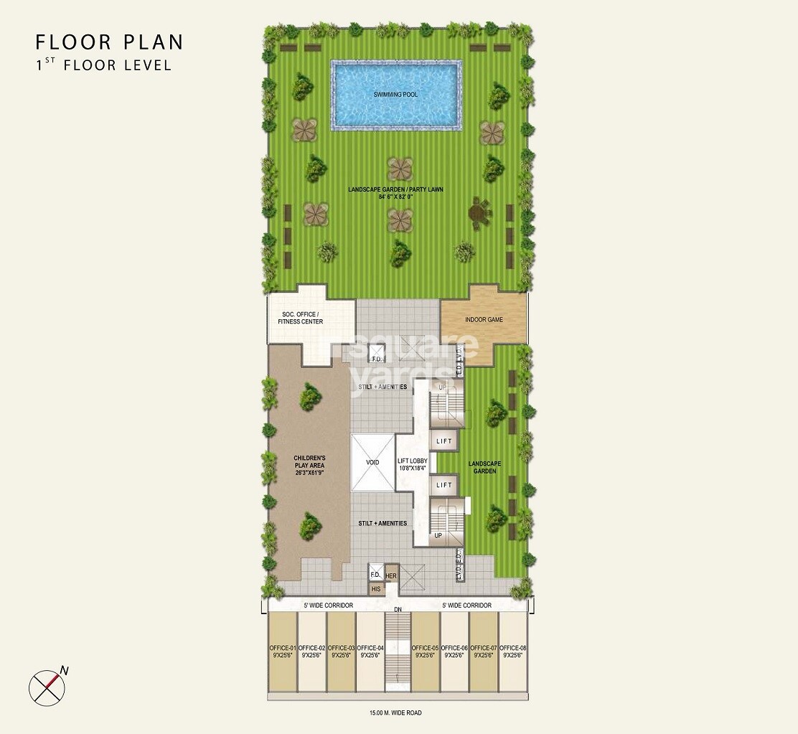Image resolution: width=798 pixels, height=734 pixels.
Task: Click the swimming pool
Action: coord(395,95)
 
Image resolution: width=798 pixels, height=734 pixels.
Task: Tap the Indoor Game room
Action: coord(484,319)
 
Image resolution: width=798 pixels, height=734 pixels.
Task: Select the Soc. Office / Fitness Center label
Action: coord(300,317)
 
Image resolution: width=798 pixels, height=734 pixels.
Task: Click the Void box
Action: coord(372,462)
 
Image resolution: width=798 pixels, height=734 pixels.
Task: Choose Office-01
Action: coord(282,651)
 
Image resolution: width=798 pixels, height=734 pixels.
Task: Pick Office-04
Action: coord(370,651)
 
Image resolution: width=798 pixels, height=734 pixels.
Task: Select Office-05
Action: coord(426,651)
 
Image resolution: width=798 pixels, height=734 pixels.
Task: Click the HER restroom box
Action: coord(391,575)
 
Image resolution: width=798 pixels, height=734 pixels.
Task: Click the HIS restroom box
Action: coord(376,589)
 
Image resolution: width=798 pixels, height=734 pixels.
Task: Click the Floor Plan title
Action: coord(109,42)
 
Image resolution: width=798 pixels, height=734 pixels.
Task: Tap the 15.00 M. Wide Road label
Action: coord(396,712)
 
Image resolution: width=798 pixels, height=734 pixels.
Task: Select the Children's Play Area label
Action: coord(309,465)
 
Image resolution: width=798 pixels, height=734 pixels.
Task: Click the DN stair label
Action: coord(397,611)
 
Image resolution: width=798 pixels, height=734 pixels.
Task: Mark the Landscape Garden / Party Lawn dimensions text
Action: coord(395,196)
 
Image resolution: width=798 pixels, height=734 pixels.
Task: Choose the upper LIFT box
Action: coord(444,441)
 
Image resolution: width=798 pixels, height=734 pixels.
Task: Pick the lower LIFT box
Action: coord(444,485)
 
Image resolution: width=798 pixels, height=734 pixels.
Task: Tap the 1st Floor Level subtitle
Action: coord(104,65)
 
